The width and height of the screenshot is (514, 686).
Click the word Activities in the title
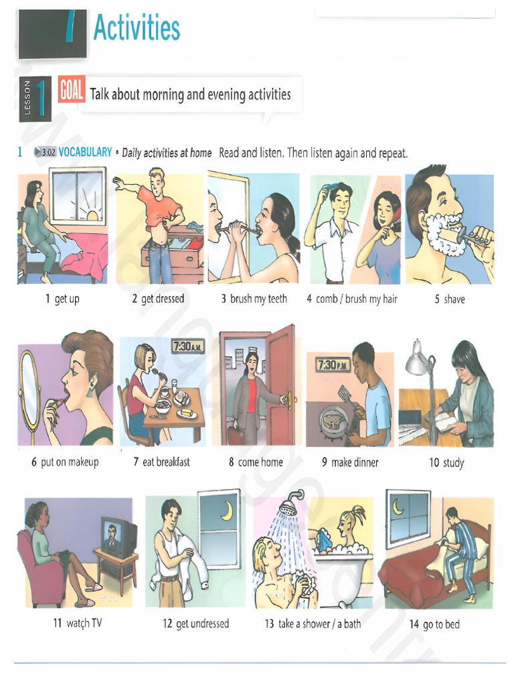(137, 28)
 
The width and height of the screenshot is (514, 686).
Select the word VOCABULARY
(85, 152)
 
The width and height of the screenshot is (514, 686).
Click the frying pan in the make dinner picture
(333, 421)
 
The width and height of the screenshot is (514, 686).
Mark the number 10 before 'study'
(434, 462)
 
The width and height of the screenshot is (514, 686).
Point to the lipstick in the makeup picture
(59, 402)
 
